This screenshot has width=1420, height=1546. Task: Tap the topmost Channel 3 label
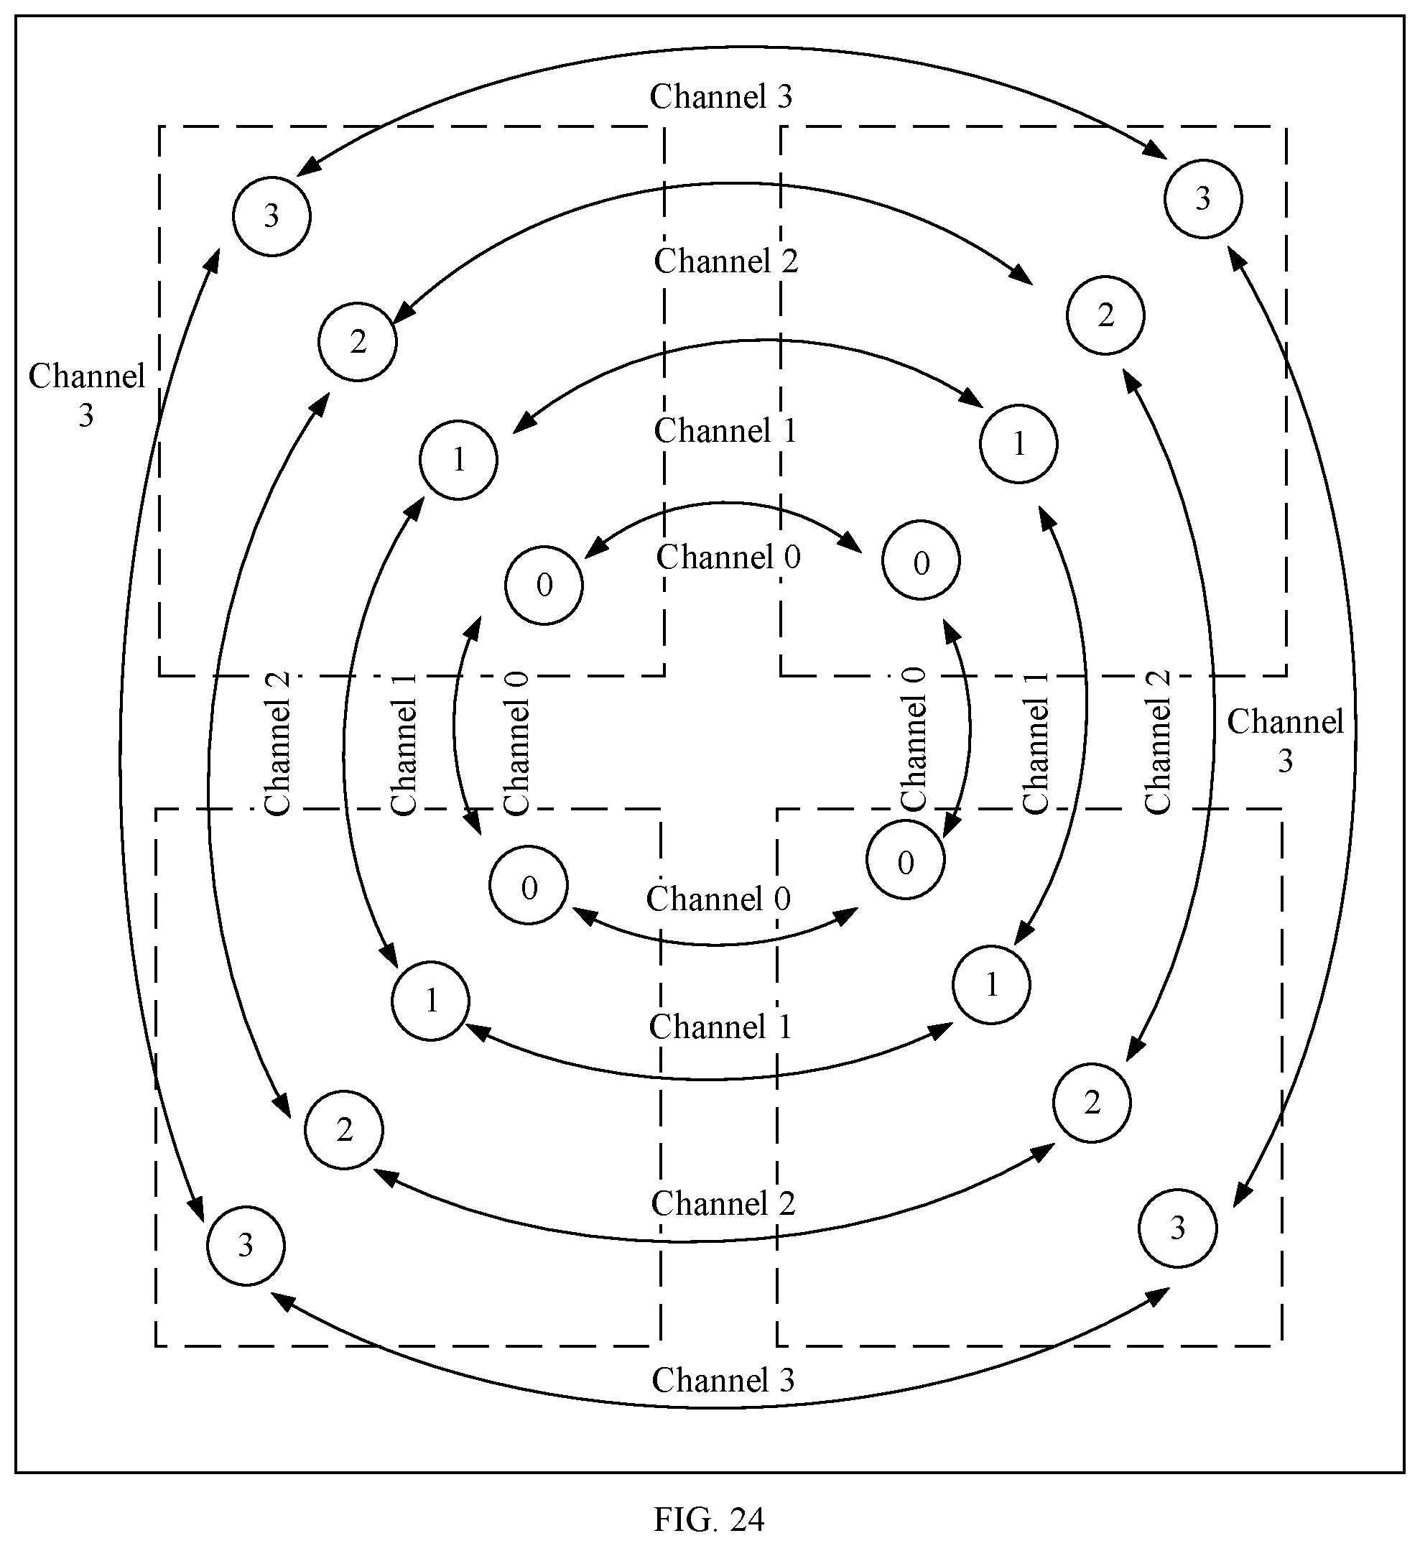tap(720, 97)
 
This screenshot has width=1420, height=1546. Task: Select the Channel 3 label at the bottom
tap(723, 1380)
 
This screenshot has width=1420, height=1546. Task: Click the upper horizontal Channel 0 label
tap(728, 557)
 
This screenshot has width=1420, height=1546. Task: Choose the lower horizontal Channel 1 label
tap(720, 1027)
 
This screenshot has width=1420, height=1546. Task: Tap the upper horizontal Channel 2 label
tap(726, 261)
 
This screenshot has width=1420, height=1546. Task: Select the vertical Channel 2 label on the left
tap(277, 743)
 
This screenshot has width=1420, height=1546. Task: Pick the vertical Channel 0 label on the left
tap(516, 743)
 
